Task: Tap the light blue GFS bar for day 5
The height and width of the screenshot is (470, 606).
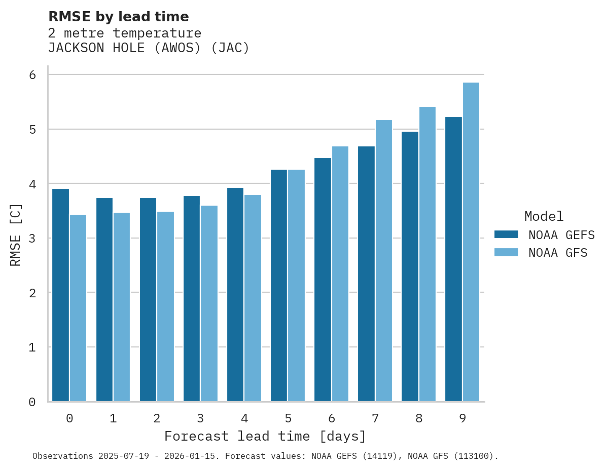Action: coord(296,286)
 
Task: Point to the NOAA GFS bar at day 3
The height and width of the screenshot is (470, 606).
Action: coord(209,303)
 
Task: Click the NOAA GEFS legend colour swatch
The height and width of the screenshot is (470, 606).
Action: coord(506,234)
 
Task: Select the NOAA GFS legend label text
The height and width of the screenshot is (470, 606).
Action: coord(557,253)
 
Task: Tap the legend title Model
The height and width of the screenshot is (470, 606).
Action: coord(544,217)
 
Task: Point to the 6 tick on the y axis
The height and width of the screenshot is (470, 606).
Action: coord(32,75)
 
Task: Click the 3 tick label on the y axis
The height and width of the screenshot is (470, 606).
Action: coord(32,238)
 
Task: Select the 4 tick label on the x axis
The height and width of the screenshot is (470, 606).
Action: coord(244,418)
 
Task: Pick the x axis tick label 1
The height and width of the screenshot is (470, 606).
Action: coord(113,418)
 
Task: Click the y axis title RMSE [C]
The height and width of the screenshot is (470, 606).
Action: coord(16,234)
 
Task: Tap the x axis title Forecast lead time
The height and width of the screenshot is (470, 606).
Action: coord(265,436)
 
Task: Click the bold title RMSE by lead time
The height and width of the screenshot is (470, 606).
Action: coord(118,17)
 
